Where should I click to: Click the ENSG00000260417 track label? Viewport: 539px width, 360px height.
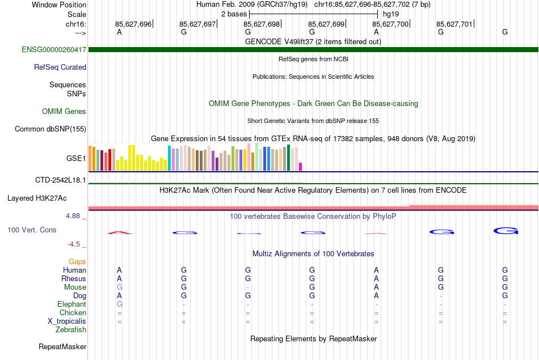pyautogui.click(x=54, y=50)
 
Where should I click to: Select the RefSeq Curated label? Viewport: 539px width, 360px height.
pyautogui.click(x=60, y=67)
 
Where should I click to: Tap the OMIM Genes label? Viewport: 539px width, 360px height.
pyautogui.click(x=64, y=112)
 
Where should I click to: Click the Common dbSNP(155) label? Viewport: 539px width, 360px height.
pyautogui.click(x=50, y=129)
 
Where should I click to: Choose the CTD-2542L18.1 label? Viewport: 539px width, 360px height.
pyautogui.click(x=61, y=180)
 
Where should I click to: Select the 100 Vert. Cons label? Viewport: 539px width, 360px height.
pyautogui.click(x=32, y=230)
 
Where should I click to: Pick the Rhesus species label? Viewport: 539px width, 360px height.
pyautogui.click(x=74, y=279)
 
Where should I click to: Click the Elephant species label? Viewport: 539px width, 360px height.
pyautogui.click(x=71, y=304)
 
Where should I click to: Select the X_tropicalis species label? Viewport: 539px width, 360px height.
pyautogui.click(x=67, y=321)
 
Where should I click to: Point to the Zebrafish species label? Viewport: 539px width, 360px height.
pyautogui.click(x=71, y=330)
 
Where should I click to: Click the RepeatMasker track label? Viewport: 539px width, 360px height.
pyautogui.click(x=62, y=346)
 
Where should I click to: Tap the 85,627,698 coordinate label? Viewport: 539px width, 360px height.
pyautogui.click(x=262, y=24)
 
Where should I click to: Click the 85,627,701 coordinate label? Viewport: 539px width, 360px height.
pyautogui.click(x=454, y=24)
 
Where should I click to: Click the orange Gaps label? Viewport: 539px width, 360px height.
pyautogui.click(x=77, y=261)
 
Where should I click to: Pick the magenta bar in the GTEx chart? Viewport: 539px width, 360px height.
pyautogui.click(x=301, y=167)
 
